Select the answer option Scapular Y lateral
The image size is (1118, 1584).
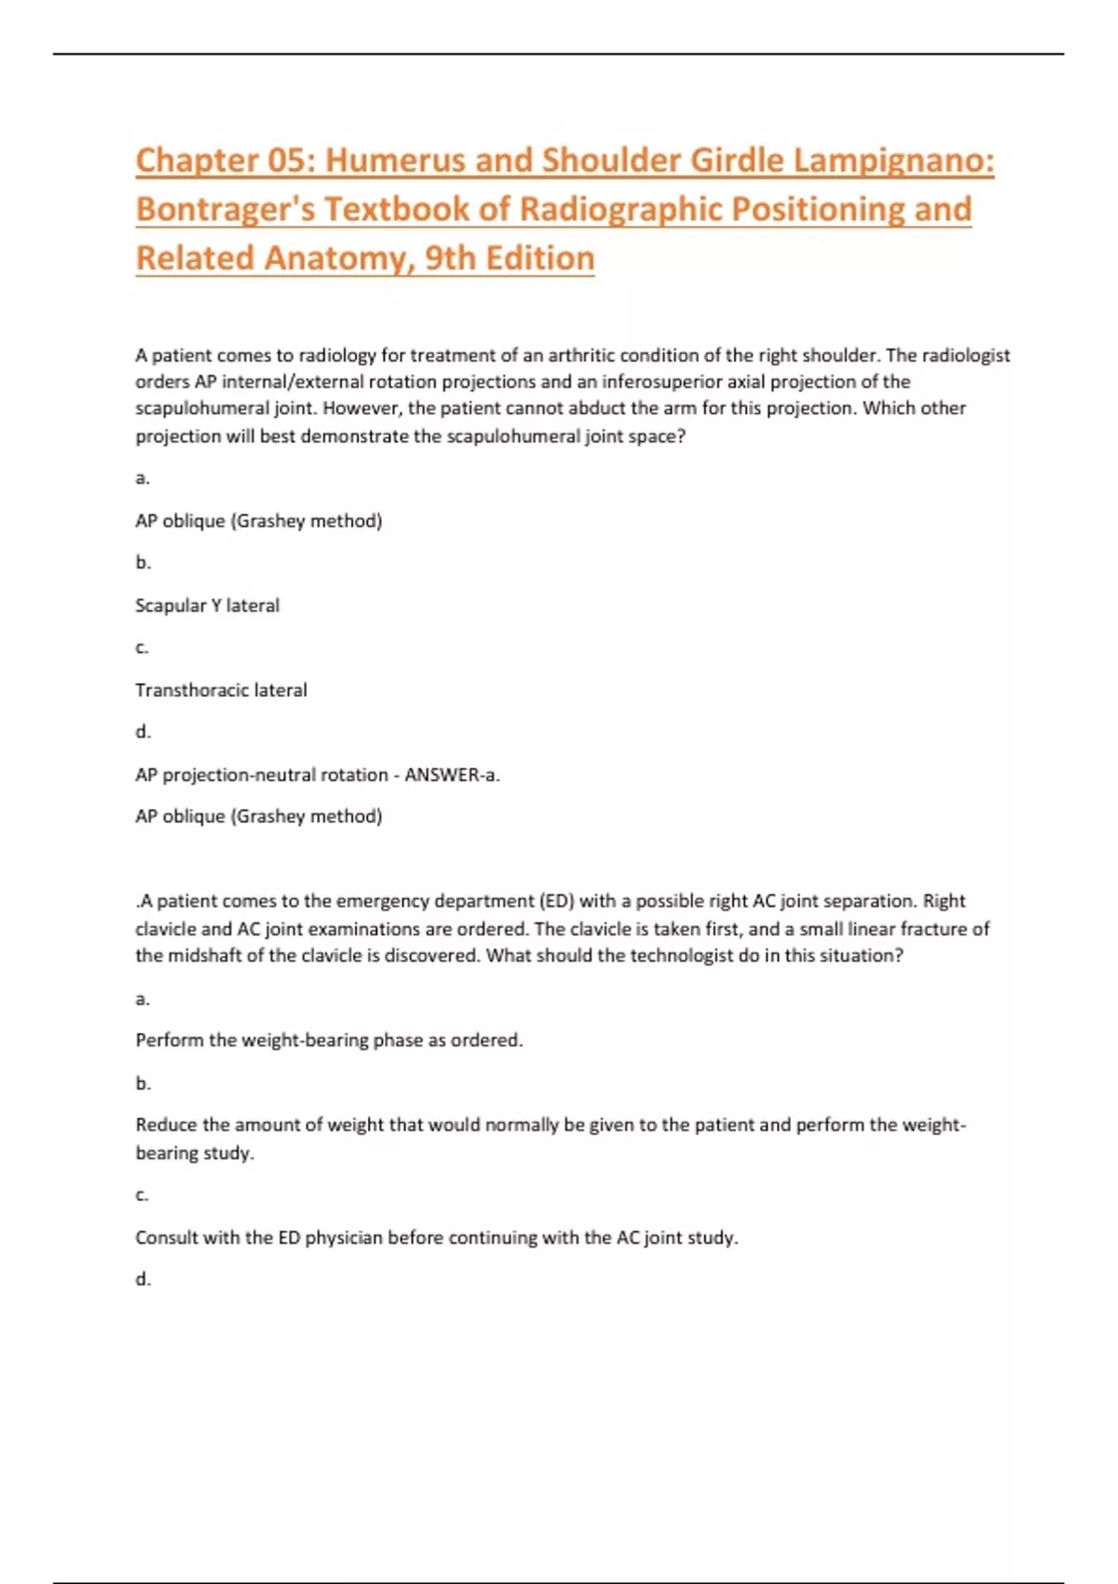(207, 606)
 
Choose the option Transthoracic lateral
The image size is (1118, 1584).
(221, 690)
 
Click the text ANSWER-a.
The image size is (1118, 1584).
(452, 775)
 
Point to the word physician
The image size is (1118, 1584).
(344, 1238)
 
